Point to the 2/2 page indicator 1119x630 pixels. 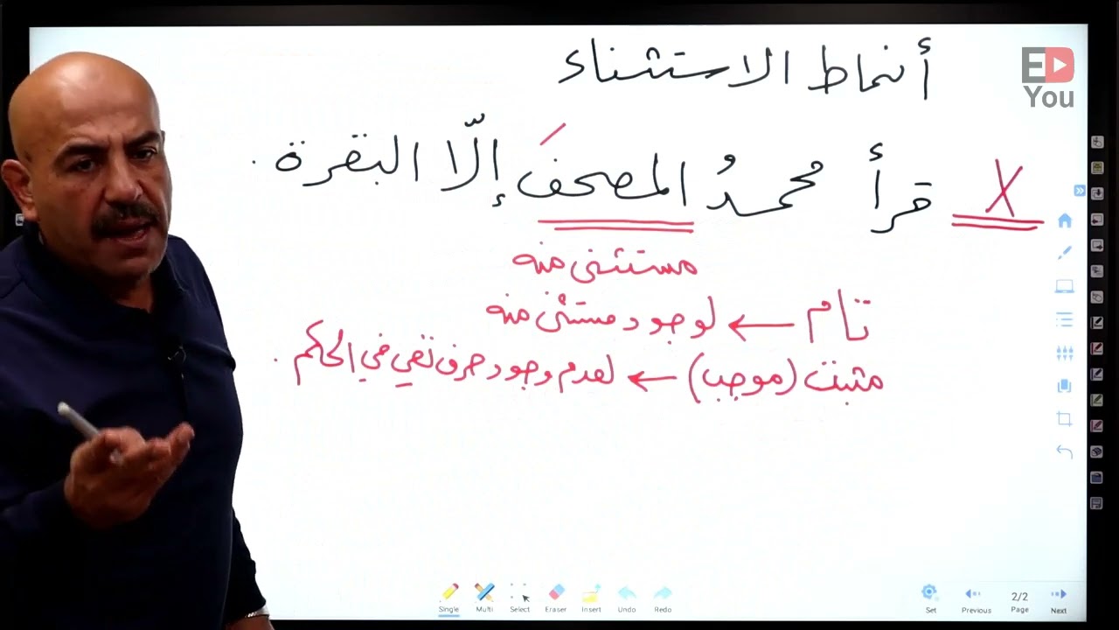1019,597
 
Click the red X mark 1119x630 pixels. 1004,191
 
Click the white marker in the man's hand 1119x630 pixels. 83,423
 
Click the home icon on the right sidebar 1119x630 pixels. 1065,221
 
